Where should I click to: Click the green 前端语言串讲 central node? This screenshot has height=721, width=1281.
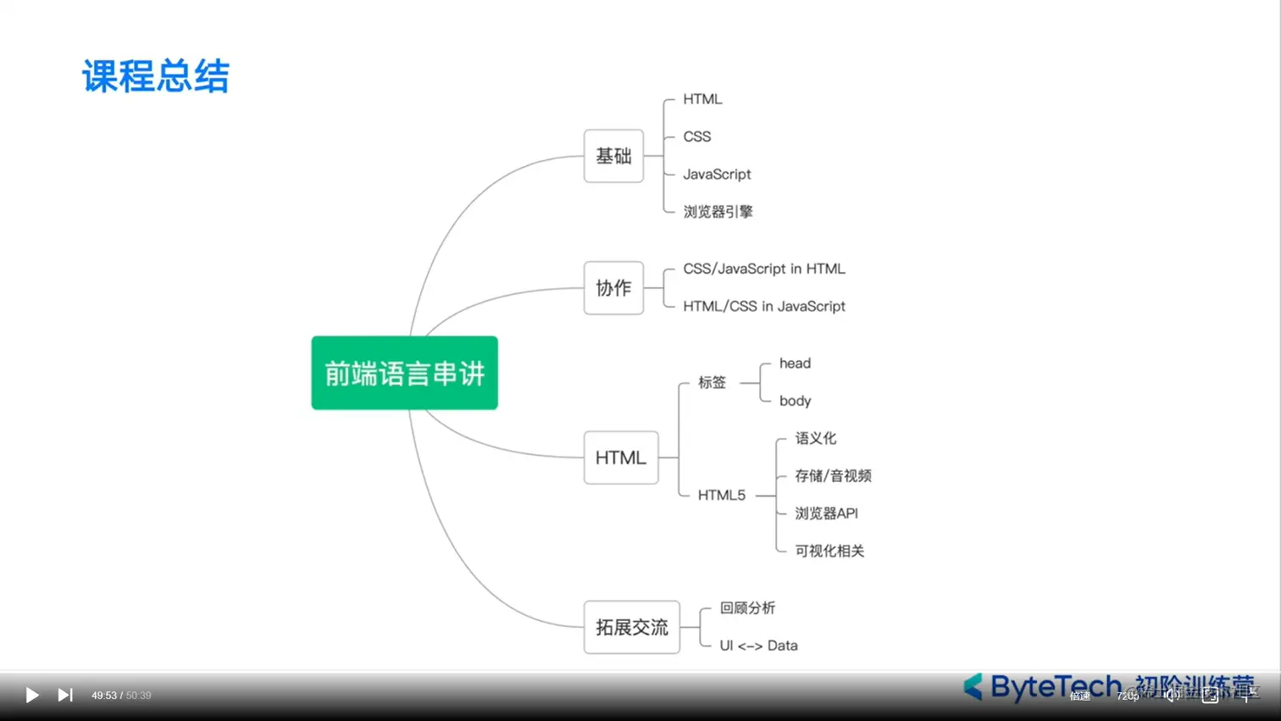[404, 373]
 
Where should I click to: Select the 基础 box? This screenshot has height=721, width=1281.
[613, 156]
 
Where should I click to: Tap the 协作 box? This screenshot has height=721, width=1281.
[613, 288]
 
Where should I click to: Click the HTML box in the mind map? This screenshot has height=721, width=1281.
[620, 458]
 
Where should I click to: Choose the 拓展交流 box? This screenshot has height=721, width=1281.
[631, 627]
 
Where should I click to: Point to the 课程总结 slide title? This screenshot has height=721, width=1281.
[156, 76]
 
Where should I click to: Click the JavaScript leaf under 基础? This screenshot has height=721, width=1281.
[717, 175]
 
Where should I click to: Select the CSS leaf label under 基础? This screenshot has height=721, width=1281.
[697, 136]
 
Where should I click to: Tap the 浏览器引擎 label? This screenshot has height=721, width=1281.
[718, 212]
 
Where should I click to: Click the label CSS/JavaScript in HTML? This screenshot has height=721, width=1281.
[764, 269]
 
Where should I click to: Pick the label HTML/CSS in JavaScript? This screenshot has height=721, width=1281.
[764, 307]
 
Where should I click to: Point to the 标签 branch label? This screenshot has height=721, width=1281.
[712, 382]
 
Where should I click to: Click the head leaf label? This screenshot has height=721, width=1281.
[795, 363]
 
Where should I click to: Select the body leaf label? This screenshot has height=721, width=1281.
[795, 401]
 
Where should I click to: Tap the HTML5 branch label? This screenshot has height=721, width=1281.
[721, 495]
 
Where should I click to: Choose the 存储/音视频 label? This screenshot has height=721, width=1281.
[833, 476]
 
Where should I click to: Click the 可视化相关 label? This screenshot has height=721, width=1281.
[829, 551]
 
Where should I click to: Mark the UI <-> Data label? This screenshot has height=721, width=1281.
[758, 646]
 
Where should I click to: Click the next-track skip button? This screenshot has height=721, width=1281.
[65, 695]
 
